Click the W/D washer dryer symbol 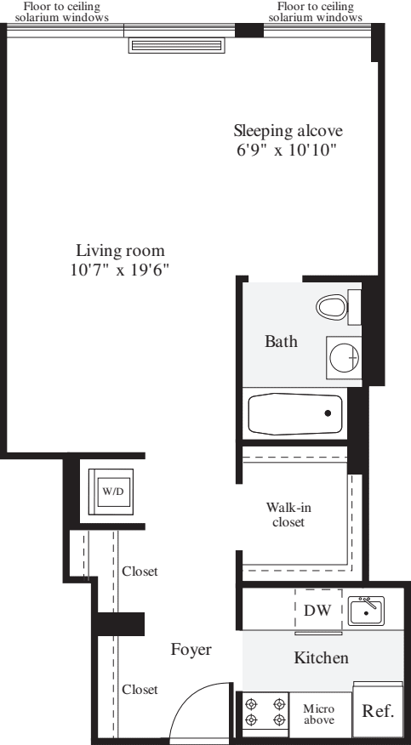[113, 492]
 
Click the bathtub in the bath [294, 414]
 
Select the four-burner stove [265, 711]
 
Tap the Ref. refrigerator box [379, 711]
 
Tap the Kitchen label [321, 657]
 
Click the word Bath [281, 343]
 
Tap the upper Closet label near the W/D [140, 572]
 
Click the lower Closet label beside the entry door [140, 689]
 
